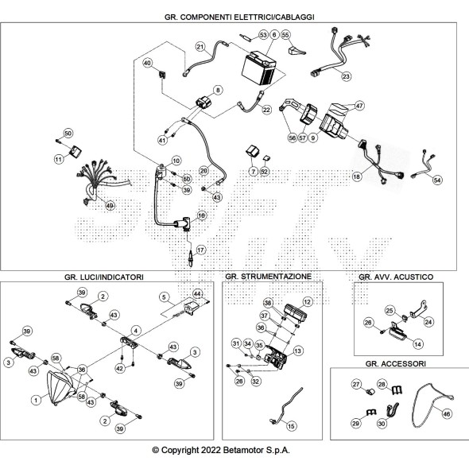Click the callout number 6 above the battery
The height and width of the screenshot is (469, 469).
pos(273,35)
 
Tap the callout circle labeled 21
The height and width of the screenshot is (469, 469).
pos(200,47)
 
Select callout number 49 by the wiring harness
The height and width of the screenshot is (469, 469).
pos(110,205)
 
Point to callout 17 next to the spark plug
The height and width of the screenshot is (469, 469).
pos(200,250)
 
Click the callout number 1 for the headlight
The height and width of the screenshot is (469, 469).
pos(35,398)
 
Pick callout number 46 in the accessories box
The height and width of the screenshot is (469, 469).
pos(446,413)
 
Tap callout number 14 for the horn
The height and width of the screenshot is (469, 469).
pos(417,343)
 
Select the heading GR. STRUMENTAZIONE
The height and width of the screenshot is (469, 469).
pos(273,277)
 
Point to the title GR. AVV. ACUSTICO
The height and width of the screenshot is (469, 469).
pos(395,277)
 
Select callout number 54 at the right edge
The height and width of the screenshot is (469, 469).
pos(437,180)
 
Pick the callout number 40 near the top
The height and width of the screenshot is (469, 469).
pos(147,63)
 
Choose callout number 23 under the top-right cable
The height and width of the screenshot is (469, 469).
pos(346,76)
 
